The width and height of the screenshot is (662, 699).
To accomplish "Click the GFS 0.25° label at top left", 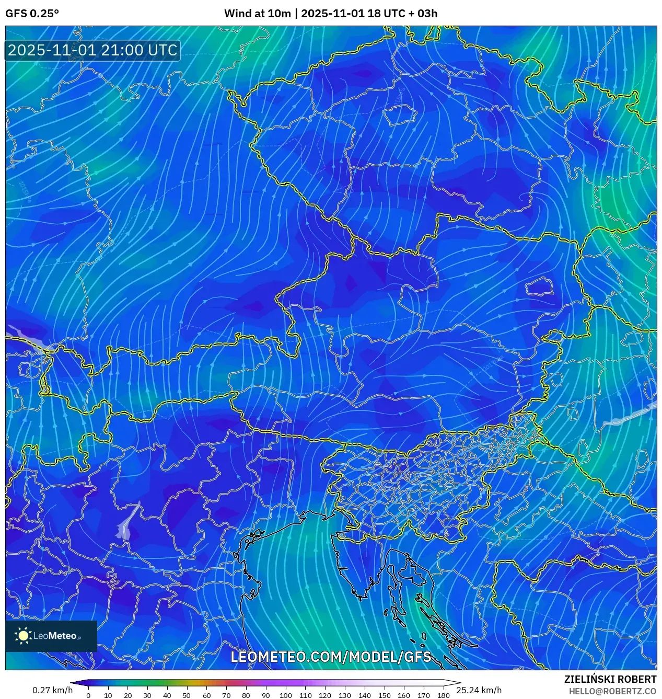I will (x=32, y=14).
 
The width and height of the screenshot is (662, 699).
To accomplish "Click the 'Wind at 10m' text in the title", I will (x=257, y=14).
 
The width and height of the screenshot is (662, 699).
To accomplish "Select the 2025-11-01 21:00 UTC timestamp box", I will (x=92, y=50).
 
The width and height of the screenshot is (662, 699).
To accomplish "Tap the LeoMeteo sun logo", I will (x=24, y=636).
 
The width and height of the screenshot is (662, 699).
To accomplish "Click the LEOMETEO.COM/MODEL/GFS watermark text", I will (x=331, y=657).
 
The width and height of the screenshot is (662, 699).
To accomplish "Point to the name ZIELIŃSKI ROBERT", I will (x=610, y=679).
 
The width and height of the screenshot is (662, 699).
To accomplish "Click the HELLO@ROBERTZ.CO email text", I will (x=612, y=691).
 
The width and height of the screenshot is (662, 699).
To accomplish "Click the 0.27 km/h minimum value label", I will (x=52, y=690).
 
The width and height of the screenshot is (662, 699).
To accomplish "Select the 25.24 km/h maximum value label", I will (x=479, y=690).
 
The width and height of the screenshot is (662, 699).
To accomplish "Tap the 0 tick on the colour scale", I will (x=88, y=695).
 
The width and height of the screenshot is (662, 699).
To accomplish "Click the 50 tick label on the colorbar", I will (x=187, y=695).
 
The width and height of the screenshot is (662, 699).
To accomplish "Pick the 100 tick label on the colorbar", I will (x=285, y=695).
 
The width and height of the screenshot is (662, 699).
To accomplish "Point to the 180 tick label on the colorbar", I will (x=443, y=695).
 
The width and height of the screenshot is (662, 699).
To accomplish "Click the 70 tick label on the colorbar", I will (x=226, y=695).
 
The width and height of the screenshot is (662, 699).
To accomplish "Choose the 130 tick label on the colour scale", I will (x=344, y=695).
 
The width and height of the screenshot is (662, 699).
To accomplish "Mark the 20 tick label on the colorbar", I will (x=127, y=695).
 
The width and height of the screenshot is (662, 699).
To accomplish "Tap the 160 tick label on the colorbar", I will (x=404, y=695).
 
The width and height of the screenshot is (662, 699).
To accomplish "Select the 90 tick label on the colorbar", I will (x=265, y=695).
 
